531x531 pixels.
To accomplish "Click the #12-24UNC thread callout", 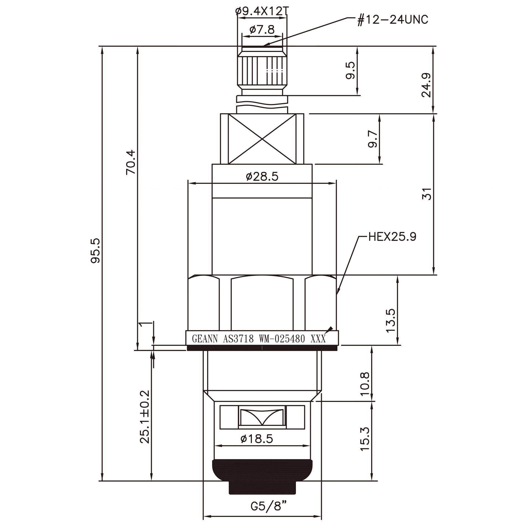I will coord(393,20).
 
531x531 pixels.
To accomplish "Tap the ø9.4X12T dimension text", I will coord(262,11).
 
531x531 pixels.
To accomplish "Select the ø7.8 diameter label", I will coord(262,29).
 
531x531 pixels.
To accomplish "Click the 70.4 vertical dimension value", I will coord(131,162).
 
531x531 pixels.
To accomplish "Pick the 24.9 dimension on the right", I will coord(426,85).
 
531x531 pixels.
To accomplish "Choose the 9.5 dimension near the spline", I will coord(350,70).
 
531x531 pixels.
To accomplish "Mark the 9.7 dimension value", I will coord(373,139).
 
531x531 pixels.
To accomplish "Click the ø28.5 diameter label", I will coord(262,176).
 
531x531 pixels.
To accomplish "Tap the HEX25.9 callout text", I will coord(392,237).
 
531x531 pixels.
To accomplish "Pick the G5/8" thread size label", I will coord(268,506).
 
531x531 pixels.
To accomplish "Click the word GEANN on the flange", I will coord(205,339).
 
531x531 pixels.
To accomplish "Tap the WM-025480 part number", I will coord(282,339).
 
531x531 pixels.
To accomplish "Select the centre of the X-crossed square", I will coord(262,139).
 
